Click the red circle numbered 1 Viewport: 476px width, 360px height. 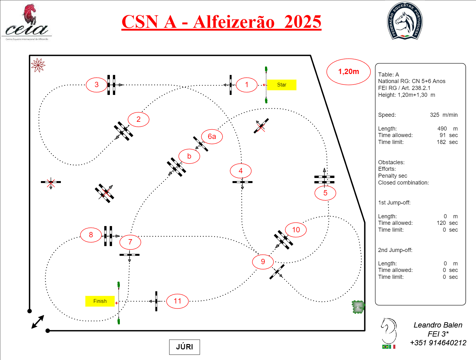pos(247,85)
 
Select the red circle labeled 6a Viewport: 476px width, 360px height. pos(212,136)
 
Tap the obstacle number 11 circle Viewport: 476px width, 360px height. pos(177,301)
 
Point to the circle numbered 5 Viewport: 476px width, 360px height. pos(325,193)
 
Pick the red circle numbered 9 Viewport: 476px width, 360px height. pos(263,262)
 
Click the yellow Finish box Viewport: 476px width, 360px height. pos(100,301)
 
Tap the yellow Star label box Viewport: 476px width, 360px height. pos(282,85)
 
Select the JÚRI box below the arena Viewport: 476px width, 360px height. pos(184,347)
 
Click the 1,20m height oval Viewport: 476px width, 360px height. pos(348,72)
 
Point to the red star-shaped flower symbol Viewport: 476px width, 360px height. pos(38,65)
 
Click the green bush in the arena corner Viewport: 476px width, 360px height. pos(358,307)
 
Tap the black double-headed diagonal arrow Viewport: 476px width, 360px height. pos(38,322)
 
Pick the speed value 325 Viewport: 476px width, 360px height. pos(434,115)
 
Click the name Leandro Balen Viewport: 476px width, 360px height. pos(438,325)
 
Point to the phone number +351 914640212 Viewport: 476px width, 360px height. pos(438,343)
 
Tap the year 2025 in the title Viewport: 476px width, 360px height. pos(302,22)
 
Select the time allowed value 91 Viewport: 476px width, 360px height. pos(443,135)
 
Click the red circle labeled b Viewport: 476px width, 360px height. pos(189,156)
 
